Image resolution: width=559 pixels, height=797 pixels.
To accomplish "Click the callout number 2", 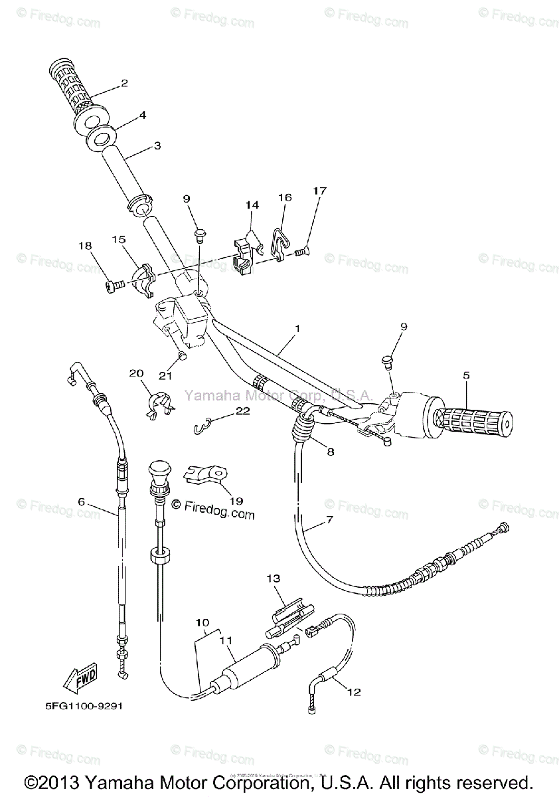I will [x=123, y=84].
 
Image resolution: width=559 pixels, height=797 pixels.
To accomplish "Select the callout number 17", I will [x=320, y=191].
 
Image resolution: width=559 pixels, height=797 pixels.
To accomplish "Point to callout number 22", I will [x=242, y=411].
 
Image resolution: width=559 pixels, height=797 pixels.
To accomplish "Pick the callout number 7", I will [x=329, y=519].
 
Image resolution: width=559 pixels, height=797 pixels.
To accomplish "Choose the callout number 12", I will [x=353, y=692].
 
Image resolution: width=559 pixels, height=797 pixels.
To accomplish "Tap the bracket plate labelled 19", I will [x=206, y=474].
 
